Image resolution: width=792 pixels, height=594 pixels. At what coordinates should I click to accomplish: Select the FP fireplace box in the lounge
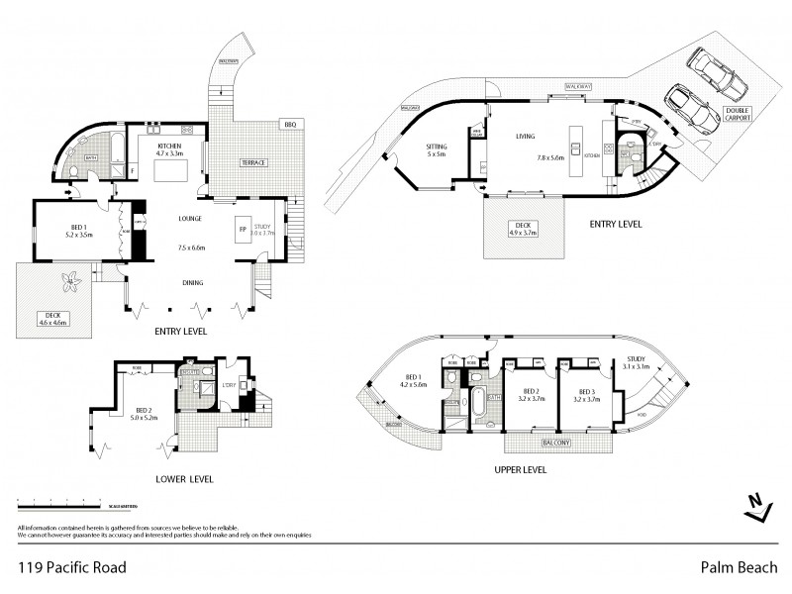[243, 230]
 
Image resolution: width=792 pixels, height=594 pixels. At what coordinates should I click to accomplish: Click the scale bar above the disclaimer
[69, 508]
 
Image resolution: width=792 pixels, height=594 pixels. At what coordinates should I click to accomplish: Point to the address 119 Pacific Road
[69, 568]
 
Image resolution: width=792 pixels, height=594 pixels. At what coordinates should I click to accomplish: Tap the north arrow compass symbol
[758, 507]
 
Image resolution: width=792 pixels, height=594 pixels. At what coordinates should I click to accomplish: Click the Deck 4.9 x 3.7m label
[524, 228]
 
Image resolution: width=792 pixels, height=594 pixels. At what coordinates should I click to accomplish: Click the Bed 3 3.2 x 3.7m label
[587, 395]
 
